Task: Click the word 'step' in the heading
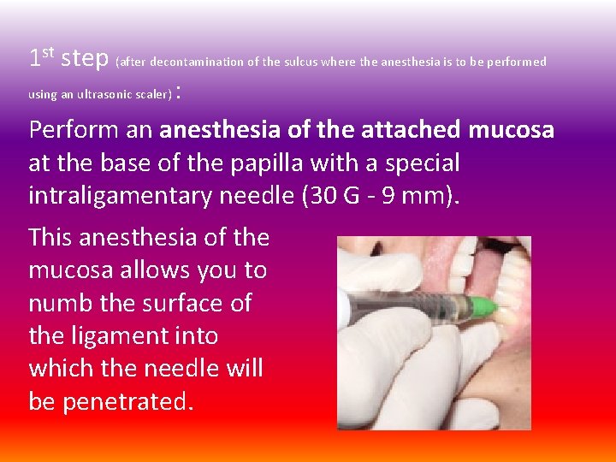click(x=86, y=58)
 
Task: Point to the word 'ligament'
click(x=116, y=335)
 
